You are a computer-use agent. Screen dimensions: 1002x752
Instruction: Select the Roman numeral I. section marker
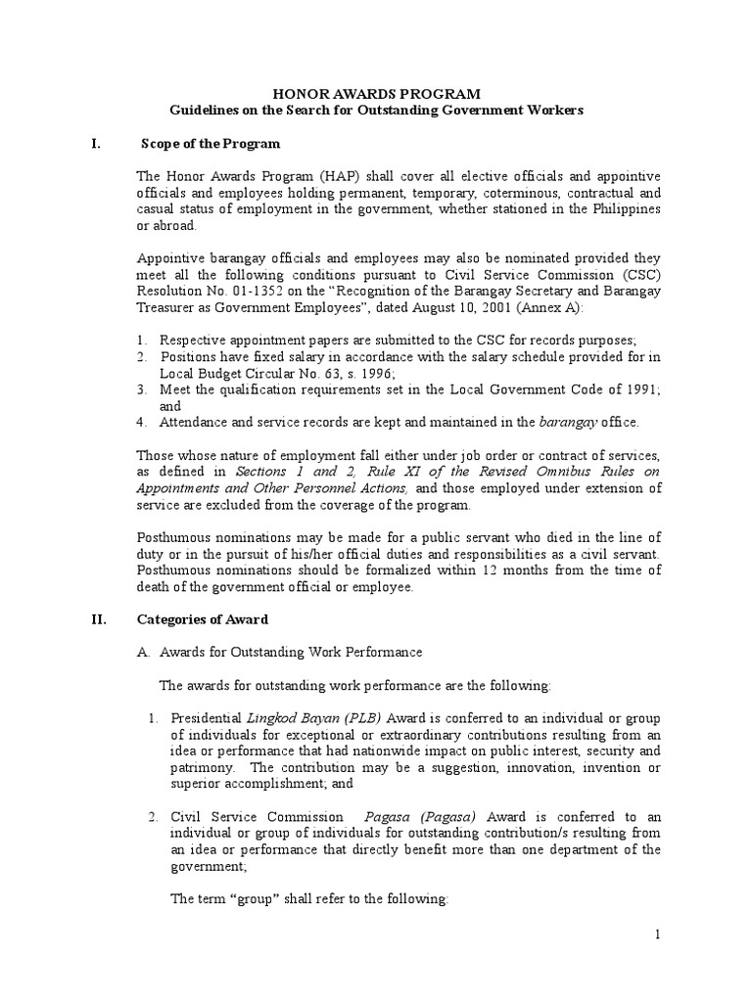pyautogui.click(x=95, y=144)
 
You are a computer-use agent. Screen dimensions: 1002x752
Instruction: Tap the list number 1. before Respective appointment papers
pyautogui.click(x=141, y=341)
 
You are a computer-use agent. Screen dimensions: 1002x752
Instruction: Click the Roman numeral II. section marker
pyautogui.click(x=98, y=619)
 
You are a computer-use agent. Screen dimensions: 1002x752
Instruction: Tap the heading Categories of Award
pyautogui.click(x=203, y=619)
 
